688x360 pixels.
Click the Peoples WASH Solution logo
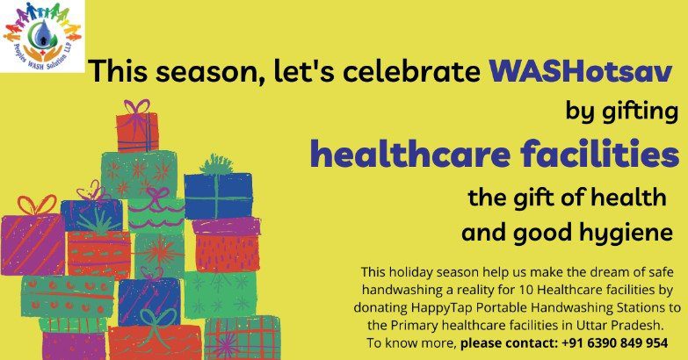[42, 36]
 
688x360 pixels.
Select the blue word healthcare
[410, 154]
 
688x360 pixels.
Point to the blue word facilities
[600, 154]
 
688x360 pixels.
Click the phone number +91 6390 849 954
[615, 342]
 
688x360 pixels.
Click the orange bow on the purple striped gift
[37, 205]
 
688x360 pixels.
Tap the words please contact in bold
[509, 343]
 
